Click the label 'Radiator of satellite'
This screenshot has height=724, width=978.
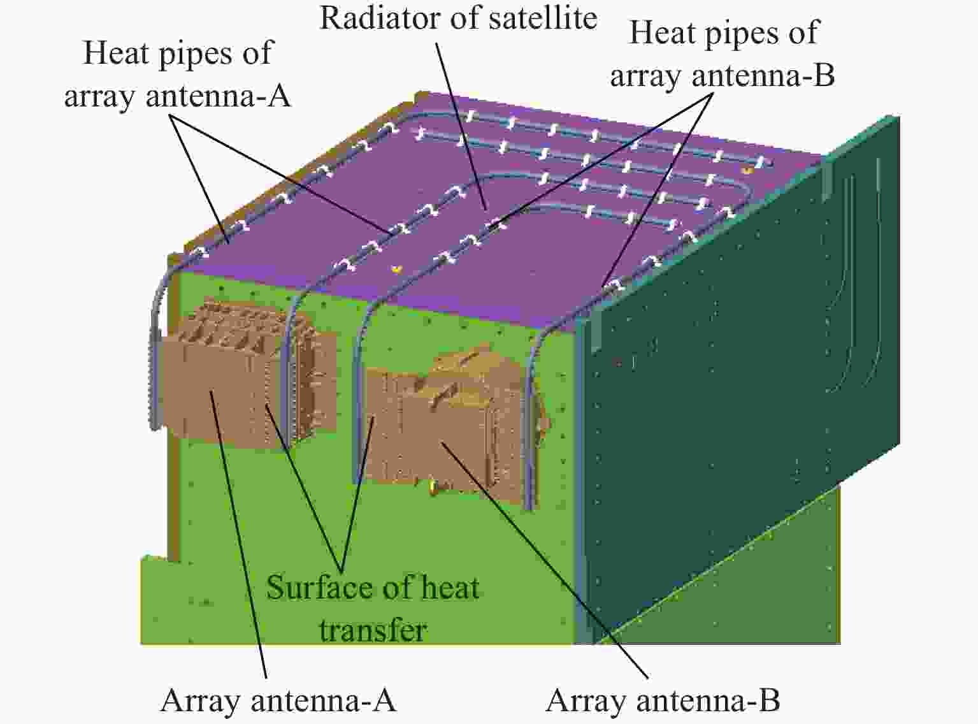tap(459, 19)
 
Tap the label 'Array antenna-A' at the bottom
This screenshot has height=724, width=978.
tap(278, 700)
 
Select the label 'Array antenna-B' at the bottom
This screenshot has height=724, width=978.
tap(663, 700)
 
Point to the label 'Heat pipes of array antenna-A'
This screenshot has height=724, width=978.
tap(177, 74)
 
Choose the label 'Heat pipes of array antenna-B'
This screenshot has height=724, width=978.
tap(723, 54)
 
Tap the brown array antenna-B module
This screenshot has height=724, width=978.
tap(454, 424)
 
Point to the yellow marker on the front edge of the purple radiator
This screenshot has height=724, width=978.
tap(397, 268)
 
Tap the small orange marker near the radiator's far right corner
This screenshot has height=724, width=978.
tap(747, 170)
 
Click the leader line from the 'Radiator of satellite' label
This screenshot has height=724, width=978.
tap(461, 126)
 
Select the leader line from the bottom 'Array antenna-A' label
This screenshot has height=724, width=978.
tap(238, 534)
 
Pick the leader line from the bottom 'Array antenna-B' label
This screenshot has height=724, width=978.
tap(545, 560)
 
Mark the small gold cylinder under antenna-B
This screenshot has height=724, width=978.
tap(435, 487)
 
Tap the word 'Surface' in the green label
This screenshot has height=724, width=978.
tap(317, 588)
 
